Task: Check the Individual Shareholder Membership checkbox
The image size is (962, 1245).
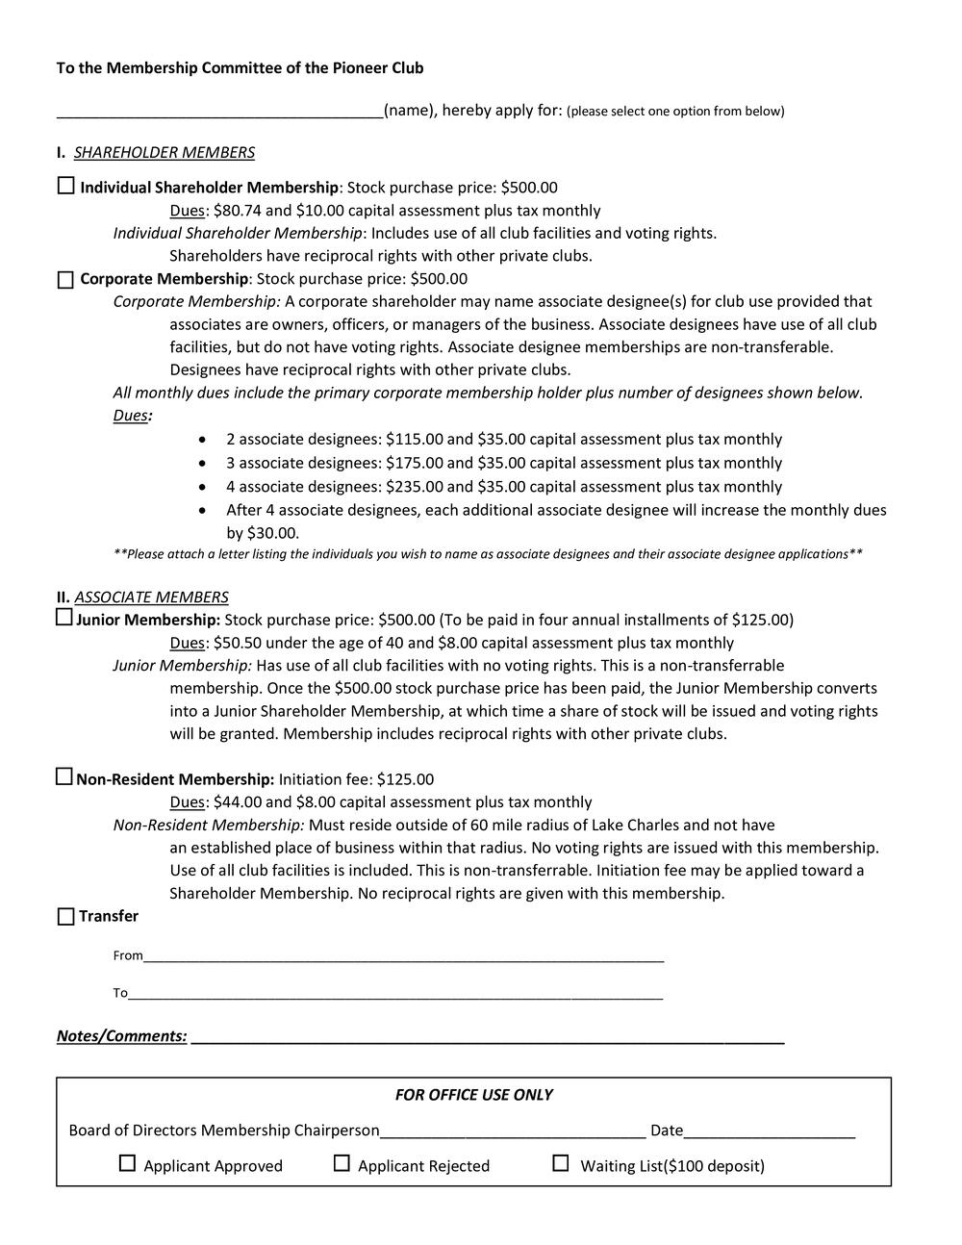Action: click(65, 186)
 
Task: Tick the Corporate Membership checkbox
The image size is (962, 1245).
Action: click(65, 280)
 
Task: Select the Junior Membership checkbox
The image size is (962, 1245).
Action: click(64, 618)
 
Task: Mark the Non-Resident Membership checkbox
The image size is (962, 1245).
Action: click(64, 777)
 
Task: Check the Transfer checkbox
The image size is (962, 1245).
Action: click(65, 916)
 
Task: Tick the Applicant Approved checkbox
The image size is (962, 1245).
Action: click(127, 1164)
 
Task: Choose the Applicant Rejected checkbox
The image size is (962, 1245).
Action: click(342, 1164)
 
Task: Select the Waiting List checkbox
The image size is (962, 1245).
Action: click(561, 1164)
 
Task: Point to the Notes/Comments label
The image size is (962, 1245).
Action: click(121, 1036)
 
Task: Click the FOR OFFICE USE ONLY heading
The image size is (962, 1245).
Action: click(473, 1095)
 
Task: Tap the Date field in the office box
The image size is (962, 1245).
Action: click(770, 1131)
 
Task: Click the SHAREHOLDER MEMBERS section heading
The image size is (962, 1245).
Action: click(165, 153)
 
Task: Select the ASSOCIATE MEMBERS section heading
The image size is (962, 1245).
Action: click(151, 597)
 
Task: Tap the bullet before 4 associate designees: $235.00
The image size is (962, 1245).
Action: click(202, 486)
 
